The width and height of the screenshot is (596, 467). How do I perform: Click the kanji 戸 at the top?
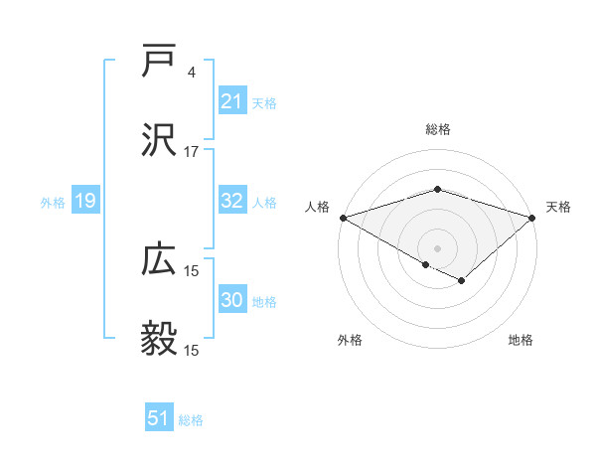(x=159, y=63)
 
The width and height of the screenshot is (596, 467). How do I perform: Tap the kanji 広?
(x=159, y=261)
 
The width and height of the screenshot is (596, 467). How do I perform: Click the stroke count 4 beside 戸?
(x=191, y=72)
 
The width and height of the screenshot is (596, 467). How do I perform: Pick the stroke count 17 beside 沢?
(x=192, y=151)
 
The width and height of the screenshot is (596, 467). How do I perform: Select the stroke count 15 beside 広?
(x=192, y=270)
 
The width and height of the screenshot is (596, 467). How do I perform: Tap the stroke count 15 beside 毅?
(x=192, y=350)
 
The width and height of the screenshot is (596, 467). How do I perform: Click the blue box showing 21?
(x=231, y=101)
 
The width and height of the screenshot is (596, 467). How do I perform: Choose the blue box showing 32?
(x=231, y=201)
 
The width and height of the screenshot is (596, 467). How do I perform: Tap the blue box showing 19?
(x=84, y=201)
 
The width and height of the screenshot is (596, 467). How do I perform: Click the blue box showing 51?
(x=158, y=419)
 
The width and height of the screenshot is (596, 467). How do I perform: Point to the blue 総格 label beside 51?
(x=191, y=420)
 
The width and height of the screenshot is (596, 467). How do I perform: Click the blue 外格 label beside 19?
(x=53, y=202)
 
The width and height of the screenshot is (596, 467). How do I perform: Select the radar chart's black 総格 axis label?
(x=438, y=129)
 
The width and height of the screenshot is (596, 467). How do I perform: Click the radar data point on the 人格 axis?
(x=343, y=217)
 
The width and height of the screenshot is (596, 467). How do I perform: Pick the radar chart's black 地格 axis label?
(x=521, y=341)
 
